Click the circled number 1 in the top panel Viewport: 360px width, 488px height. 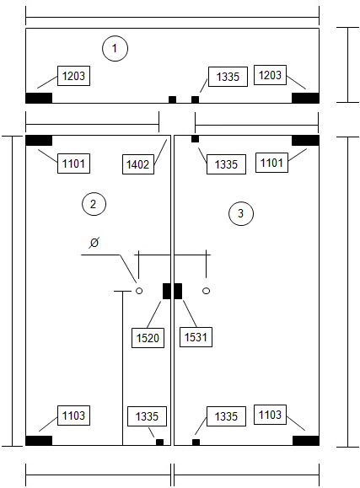[x=115, y=49]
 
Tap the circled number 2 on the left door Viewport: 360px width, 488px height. [x=94, y=204]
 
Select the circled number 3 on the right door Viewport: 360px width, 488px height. [x=241, y=213]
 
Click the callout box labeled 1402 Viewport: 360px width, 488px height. [x=138, y=164]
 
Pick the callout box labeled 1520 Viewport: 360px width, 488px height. [x=148, y=338]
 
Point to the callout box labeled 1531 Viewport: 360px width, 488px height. [x=196, y=337]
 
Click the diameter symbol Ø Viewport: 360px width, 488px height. [x=94, y=243]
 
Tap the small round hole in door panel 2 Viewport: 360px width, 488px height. [x=139, y=291]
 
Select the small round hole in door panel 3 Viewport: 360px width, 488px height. [x=207, y=291]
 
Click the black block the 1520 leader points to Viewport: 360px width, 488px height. [x=167, y=291]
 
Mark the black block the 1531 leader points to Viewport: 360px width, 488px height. [x=178, y=291]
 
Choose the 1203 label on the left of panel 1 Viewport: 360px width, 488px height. [x=73, y=76]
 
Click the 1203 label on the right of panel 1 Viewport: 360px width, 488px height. [x=270, y=75]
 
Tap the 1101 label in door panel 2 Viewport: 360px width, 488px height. [x=73, y=164]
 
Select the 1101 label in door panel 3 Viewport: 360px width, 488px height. [x=271, y=163]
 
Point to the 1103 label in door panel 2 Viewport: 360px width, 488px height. [x=73, y=416]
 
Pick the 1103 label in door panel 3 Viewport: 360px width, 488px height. [x=270, y=415]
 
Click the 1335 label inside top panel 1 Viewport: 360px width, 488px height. [x=228, y=77]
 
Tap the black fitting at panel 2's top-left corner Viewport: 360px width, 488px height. [x=39, y=141]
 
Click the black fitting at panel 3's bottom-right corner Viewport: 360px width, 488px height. [x=306, y=441]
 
